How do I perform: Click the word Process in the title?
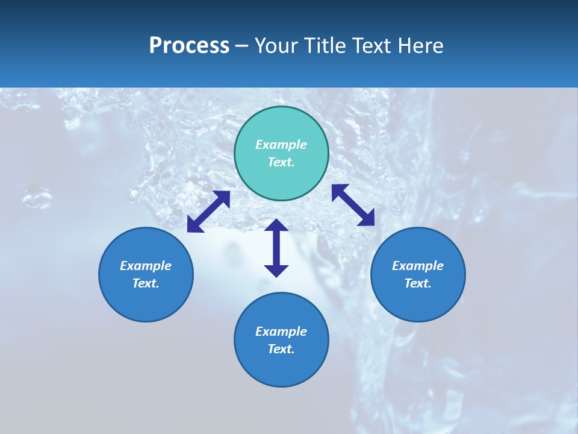coord(189,46)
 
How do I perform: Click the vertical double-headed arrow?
coord(276,248)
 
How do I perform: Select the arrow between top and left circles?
coord(208,212)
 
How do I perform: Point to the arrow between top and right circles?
coord(353,205)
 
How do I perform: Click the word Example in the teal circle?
coord(281,145)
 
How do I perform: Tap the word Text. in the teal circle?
coord(281,162)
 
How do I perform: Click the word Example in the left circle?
coord(146,266)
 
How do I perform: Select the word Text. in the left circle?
coord(146,283)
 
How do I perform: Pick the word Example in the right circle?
coord(418,266)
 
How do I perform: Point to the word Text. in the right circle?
coord(418,283)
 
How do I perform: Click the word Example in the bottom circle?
coord(281,332)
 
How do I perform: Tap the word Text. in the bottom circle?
coord(281,349)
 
